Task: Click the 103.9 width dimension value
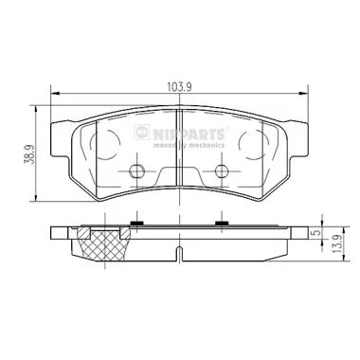click(180, 87)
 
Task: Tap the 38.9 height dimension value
click(30, 154)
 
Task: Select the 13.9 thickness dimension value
click(337, 244)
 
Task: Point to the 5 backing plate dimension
click(317, 232)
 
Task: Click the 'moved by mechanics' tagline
click(189, 145)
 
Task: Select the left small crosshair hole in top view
click(136, 171)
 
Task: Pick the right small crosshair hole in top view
click(222, 171)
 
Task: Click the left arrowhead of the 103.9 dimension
click(55, 93)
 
